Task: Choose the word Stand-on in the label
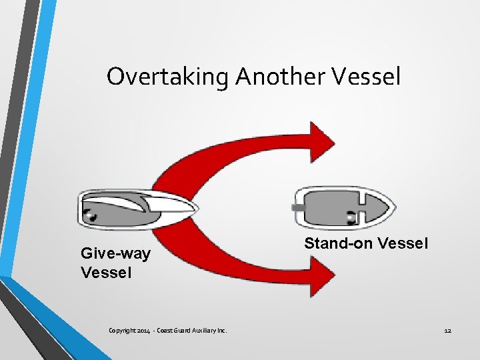[x=339, y=244]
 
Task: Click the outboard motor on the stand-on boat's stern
[x=298, y=207]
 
